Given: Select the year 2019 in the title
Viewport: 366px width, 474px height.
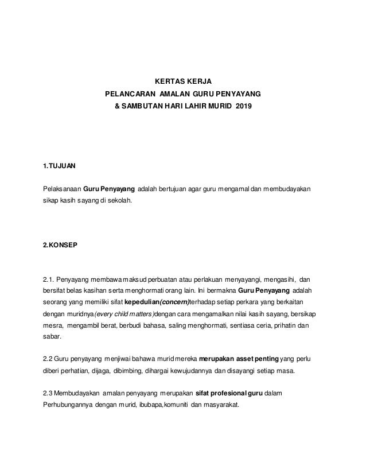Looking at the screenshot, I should (x=244, y=107).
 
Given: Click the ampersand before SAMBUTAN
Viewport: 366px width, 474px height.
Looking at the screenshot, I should (x=118, y=107).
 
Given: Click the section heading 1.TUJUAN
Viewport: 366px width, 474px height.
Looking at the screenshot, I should (x=59, y=166).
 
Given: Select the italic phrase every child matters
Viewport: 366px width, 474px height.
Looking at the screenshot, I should (x=125, y=314).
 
